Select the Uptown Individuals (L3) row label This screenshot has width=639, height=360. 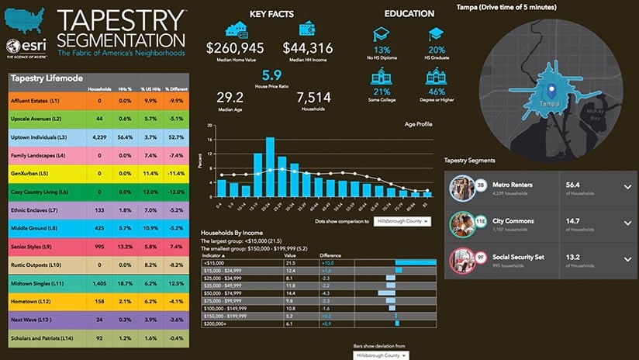[x=39, y=137]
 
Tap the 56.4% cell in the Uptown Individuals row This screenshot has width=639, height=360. [x=123, y=137]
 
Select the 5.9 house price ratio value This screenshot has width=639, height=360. [x=271, y=75]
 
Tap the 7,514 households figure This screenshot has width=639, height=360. [x=313, y=98]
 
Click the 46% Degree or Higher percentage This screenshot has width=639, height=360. [x=436, y=92]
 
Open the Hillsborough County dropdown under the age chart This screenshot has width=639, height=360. [x=402, y=221]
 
